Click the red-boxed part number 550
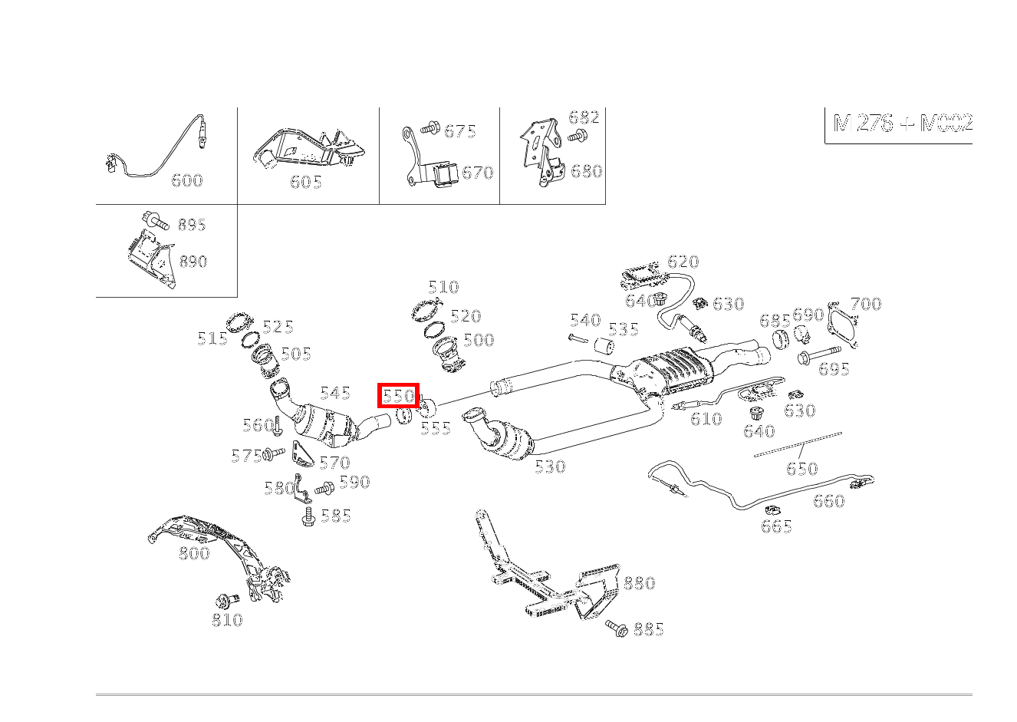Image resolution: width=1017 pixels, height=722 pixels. pyautogui.click(x=398, y=396)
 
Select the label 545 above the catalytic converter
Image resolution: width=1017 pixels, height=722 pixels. pyautogui.click(x=335, y=393)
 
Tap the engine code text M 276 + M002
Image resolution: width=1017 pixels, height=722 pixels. pyautogui.click(x=903, y=123)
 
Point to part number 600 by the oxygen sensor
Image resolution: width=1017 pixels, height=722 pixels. pyautogui.click(x=186, y=180)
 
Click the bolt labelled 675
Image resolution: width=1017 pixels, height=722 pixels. pyautogui.click(x=430, y=128)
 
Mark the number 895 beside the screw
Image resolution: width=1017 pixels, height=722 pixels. pyautogui.click(x=192, y=224)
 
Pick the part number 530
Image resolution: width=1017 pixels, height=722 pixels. pyautogui.click(x=550, y=466)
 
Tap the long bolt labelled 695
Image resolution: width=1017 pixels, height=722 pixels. pyautogui.click(x=819, y=354)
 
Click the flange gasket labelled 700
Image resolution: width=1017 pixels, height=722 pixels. pyautogui.click(x=844, y=325)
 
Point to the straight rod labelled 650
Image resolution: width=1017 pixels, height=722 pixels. pyautogui.click(x=798, y=444)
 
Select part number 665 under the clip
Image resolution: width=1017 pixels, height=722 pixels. pyautogui.click(x=776, y=526)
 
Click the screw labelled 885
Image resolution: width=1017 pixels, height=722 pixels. pyautogui.click(x=617, y=628)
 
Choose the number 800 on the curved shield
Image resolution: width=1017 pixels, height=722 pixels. pyautogui.click(x=194, y=552)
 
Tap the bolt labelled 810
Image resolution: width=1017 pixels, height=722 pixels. pyautogui.click(x=228, y=600)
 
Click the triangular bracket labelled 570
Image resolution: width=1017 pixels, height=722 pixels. pyautogui.click(x=301, y=453)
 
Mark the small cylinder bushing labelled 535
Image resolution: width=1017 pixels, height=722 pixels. pyautogui.click(x=604, y=345)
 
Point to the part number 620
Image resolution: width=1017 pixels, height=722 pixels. pyautogui.click(x=683, y=261)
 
